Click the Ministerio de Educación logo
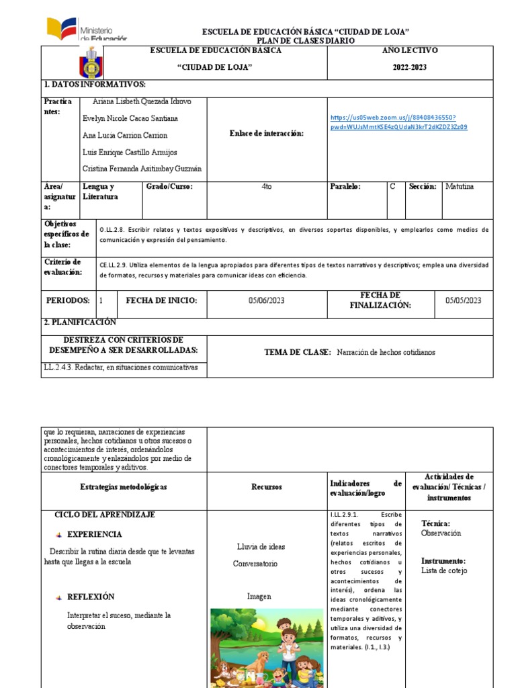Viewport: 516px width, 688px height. pos(86,30)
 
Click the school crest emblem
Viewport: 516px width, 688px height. pos(91,65)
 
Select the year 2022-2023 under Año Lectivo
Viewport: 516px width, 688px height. pos(409,67)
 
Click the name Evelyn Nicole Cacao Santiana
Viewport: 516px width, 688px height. pos(130,118)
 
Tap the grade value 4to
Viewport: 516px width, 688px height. pos(267,187)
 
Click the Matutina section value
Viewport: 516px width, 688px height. pos(460,187)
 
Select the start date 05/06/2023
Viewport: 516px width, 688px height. pos(266,300)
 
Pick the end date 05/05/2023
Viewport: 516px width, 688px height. pos(463,300)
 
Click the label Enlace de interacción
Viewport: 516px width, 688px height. pos(267,134)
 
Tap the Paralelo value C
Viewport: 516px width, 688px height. pos(393,187)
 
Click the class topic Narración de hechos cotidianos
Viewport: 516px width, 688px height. pos(386,352)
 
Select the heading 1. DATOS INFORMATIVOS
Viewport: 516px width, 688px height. pos(95,85)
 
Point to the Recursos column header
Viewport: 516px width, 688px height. pos(267,487)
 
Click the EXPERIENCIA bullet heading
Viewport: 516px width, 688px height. pos(95,535)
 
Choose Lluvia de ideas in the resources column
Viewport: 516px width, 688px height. pos(261,546)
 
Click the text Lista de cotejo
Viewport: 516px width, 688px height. pos(444,571)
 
